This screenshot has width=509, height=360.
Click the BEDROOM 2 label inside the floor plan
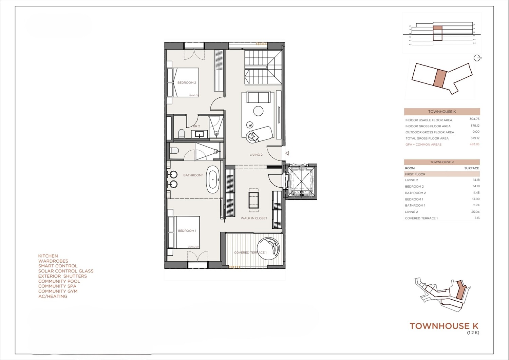pos(187,82)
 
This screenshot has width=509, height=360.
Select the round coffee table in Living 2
pos(258,111)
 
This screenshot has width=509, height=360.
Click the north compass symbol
pos(477,58)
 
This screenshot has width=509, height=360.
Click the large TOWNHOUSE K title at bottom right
pos(444,326)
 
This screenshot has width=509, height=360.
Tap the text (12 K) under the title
pos(473,333)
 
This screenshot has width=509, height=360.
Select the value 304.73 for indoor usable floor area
pos(474,119)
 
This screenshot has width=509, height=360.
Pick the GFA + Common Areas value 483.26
pos(474,144)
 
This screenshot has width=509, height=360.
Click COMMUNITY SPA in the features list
pos(57,286)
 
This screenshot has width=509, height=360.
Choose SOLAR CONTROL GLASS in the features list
pos(66,271)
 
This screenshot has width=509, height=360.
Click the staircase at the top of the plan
pos(263,67)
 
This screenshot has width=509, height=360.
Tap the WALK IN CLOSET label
pos(254,218)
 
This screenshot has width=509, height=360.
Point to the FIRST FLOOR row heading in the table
pos(415,174)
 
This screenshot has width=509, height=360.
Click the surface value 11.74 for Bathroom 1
pos(476,205)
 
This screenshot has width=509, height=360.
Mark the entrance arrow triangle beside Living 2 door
pos(287,153)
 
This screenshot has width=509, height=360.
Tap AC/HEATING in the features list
pos(53,296)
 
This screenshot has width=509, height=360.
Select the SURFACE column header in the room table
pos(471,168)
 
